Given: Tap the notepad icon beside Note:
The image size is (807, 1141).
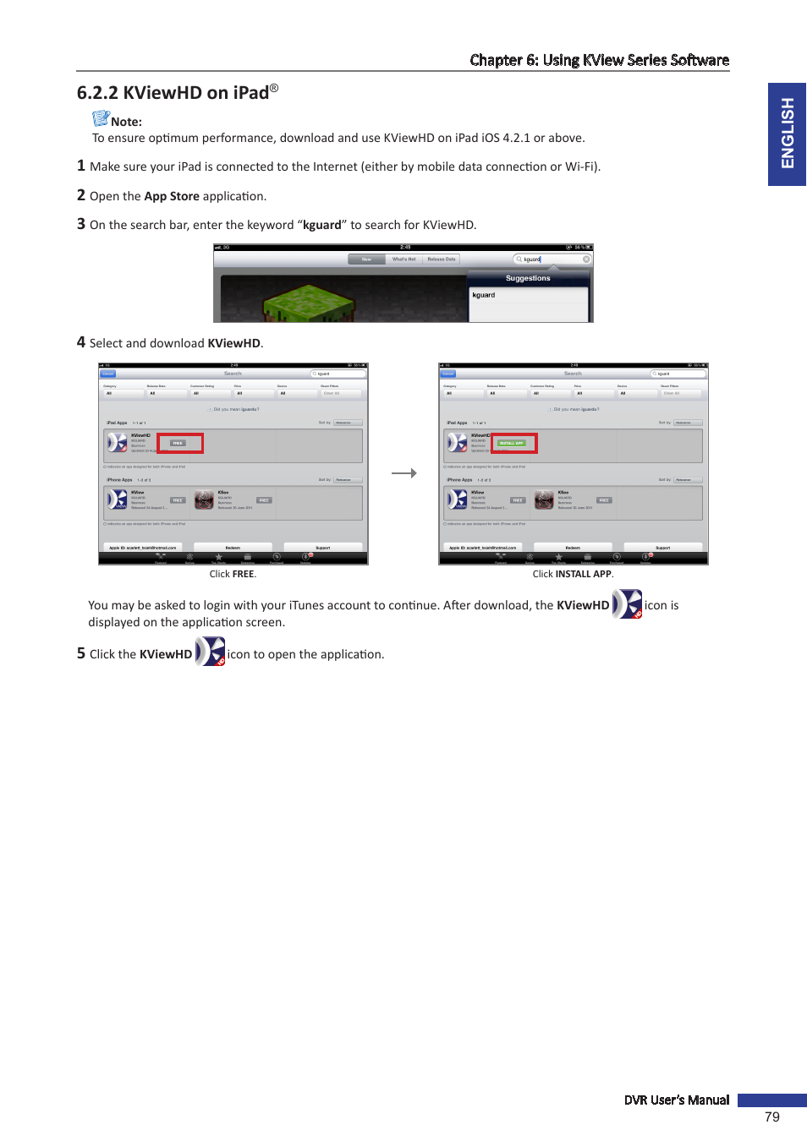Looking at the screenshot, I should [x=101, y=118].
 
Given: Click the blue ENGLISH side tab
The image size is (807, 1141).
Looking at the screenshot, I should [x=787, y=134].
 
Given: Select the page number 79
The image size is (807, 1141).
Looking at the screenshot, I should [x=771, y=1116].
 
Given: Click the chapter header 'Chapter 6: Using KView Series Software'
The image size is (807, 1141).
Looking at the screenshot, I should [x=599, y=60].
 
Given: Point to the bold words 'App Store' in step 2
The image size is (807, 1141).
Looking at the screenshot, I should [x=172, y=196].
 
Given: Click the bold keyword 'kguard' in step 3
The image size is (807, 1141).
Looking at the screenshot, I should [x=322, y=225].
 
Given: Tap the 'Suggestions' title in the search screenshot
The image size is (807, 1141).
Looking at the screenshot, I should [x=528, y=278].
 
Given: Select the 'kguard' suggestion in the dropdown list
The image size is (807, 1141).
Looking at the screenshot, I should [x=484, y=295].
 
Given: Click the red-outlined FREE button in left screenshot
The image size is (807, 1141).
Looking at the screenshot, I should [x=179, y=443].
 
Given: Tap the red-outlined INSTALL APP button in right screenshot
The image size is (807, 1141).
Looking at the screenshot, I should [x=513, y=443].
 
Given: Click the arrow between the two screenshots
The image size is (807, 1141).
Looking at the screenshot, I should [x=404, y=473].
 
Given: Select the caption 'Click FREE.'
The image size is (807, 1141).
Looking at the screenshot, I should [x=233, y=574].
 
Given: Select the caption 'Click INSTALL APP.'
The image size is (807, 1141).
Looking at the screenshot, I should [x=573, y=574].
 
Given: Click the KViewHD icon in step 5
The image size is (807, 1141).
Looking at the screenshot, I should [x=210, y=652].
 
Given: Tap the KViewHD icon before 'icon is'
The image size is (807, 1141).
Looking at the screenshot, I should [x=627, y=604].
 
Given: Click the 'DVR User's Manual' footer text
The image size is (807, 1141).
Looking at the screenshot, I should [x=676, y=1100].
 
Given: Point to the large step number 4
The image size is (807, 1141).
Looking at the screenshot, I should [x=81, y=342].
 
